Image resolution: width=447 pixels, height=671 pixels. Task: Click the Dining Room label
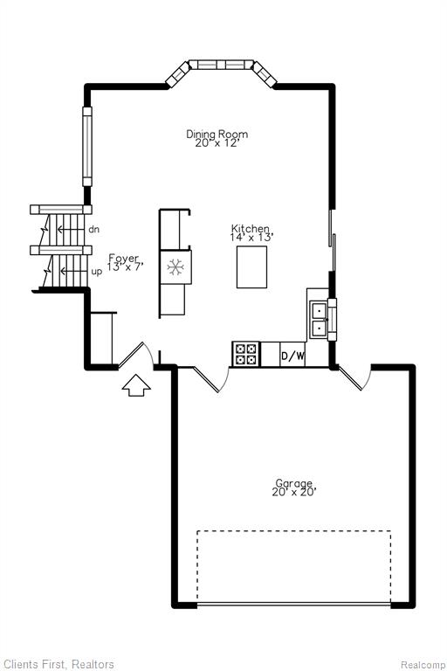217,134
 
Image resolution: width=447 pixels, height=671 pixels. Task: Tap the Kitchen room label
251,229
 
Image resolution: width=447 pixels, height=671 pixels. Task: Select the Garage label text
294,483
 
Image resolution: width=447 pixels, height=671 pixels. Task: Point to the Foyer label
124,258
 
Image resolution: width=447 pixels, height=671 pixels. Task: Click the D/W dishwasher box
293,355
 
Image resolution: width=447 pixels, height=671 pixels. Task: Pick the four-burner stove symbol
246,355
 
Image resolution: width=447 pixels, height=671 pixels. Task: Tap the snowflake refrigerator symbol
175,267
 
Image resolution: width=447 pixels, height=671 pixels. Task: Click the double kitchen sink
319,319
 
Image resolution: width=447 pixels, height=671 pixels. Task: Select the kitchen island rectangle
252,267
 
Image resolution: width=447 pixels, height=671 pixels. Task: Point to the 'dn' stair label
93,230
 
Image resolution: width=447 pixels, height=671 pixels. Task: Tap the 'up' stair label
97,273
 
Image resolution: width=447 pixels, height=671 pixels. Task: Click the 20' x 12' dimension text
216,143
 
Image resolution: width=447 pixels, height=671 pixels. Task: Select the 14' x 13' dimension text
251,237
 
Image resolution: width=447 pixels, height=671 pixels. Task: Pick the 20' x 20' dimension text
294,492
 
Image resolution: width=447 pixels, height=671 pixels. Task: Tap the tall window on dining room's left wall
87,147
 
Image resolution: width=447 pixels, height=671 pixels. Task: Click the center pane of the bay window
221,65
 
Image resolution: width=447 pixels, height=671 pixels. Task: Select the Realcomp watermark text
423,665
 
